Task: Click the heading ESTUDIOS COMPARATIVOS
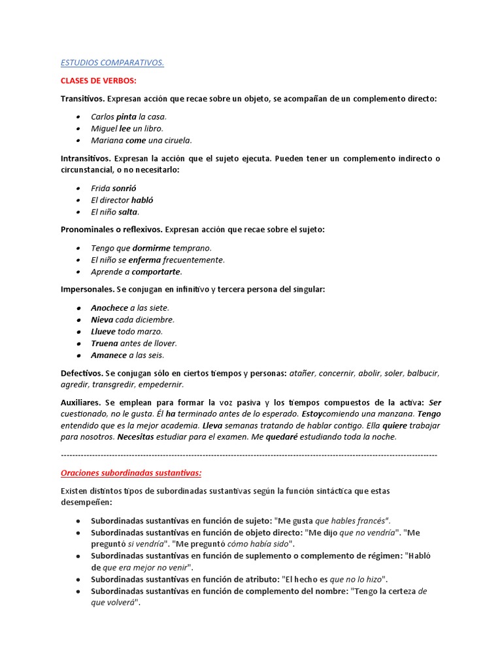click(112, 63)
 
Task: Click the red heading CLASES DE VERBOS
click(98, 80)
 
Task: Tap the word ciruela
click(178, 140)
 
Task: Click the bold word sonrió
click(124, 188)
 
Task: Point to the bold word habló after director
click(142, 200)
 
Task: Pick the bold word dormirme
click(152, 248)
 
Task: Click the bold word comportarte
click(157, 272)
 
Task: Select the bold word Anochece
click(109, 308)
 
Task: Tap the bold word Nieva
click(102, 319)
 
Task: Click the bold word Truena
click(105, 343)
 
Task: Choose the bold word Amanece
click(109, 355)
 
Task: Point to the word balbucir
click(423, 373)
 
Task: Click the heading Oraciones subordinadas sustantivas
click(131, 472)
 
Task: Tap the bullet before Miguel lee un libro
click(78, 129)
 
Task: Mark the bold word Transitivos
click(82, 98)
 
